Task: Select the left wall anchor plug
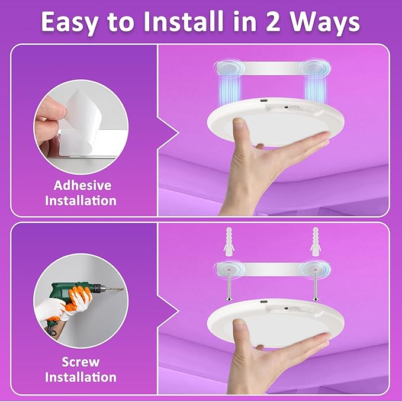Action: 227,240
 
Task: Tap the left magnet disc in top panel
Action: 228,67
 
